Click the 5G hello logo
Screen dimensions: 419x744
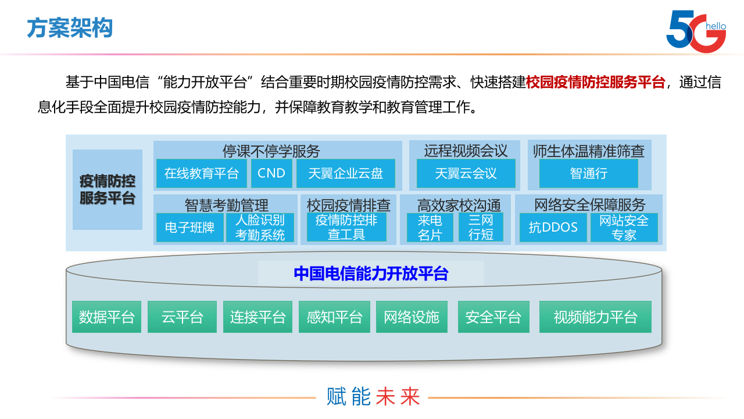696,30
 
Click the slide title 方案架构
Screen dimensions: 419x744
70,28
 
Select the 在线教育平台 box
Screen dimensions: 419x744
202,173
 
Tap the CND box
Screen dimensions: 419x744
271,173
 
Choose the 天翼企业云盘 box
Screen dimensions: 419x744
345,173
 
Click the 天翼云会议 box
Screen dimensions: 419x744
466,173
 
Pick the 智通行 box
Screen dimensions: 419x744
588,173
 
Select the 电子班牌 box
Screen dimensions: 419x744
189,228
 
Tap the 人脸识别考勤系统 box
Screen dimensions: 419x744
260,228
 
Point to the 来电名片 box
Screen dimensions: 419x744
430,228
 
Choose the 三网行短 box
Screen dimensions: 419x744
481,228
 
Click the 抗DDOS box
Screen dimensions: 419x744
553,228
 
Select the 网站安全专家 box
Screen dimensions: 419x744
624,228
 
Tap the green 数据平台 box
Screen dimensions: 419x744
106,317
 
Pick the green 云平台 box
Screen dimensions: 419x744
182,317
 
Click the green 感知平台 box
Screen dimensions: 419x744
334,317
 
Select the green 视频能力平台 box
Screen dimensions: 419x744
595,317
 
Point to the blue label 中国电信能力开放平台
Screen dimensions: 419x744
371,274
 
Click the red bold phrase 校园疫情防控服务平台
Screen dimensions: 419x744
595,82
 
